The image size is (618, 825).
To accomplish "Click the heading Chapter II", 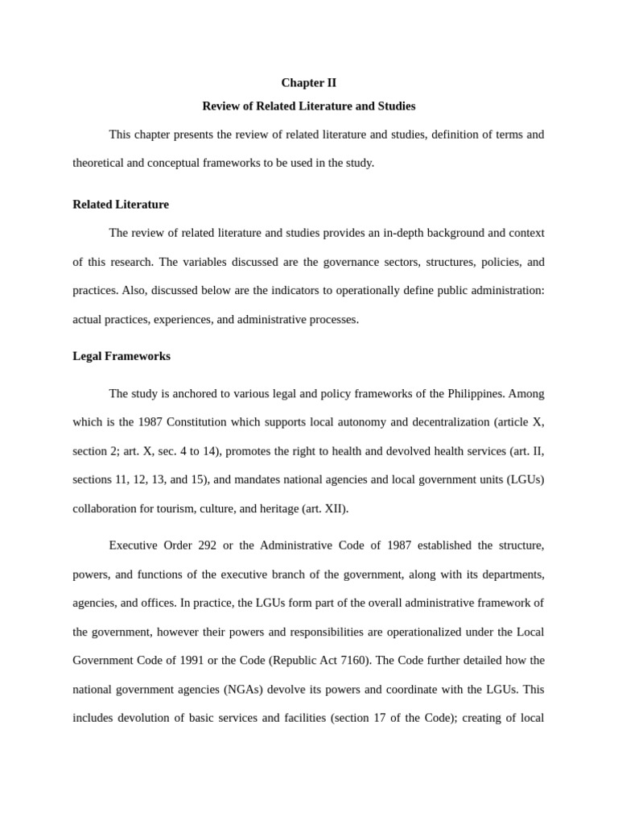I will pos(308,83).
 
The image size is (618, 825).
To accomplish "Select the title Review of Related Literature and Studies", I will pos(308,106).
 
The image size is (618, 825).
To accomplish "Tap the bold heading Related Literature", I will pos(121,205).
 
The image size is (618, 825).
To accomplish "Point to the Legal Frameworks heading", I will pos(122,356).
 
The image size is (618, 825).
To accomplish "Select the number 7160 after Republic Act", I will pos(351,661).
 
